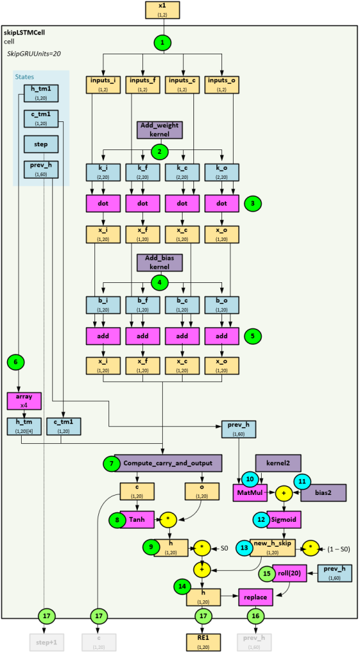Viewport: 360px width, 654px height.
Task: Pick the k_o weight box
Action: click(x=222, y=173)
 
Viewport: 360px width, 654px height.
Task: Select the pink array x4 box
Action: click(x=24, y=401)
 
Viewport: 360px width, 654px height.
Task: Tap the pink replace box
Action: click(x=259, y=597)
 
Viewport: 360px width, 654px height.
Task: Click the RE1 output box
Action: click(x=203, y=641)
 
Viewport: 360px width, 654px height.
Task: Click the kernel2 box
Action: click(x=278, y=462)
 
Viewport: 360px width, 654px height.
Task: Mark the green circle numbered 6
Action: click(x=17, y=362)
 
